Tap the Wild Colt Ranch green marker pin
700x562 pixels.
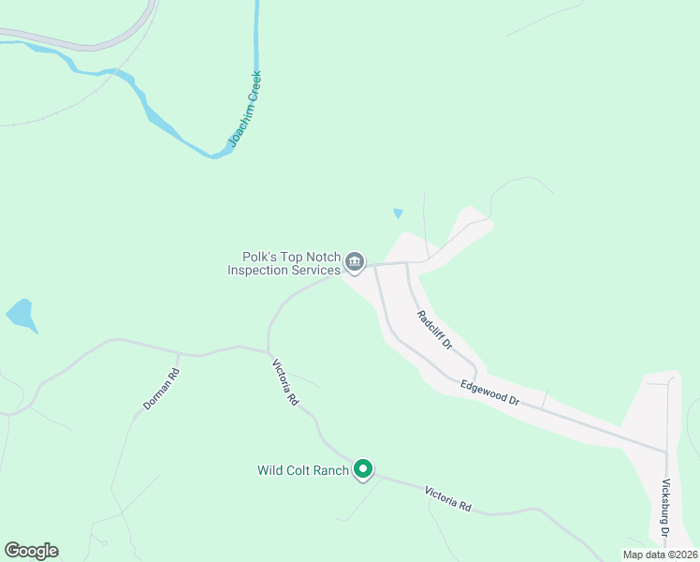(363, 469)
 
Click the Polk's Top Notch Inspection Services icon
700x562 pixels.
(355, 262)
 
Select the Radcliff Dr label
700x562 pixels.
(435, 330)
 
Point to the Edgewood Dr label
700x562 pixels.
(489, 392)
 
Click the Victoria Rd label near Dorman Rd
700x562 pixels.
(284, 383)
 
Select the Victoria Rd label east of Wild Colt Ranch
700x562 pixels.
(447, 498)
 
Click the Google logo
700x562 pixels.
(31, 551)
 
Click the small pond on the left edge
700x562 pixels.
(21, 315)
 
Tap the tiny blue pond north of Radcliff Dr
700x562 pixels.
(399, 214)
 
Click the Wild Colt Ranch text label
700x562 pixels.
(303, 470)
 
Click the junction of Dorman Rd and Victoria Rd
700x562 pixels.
(178, 353)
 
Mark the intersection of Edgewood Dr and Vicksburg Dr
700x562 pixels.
(666, 451)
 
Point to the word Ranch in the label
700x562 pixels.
(330, 470)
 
